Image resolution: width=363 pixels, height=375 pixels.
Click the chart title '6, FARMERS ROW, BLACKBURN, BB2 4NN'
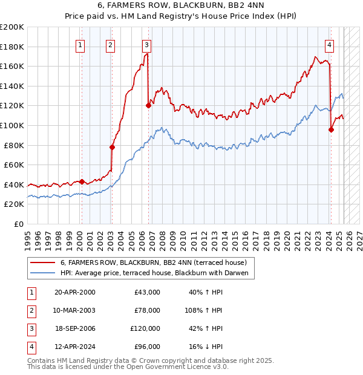(181, 7)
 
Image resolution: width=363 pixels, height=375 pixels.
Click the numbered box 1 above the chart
(80, 44)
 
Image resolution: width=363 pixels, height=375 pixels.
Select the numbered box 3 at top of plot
(147, 44)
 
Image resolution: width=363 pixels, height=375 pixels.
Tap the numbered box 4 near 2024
(329, 44)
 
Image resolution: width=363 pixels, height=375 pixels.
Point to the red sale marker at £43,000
(82, 181)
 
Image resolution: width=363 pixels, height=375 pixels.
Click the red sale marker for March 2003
(112, 147)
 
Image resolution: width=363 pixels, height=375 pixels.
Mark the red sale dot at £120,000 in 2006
(148, 105)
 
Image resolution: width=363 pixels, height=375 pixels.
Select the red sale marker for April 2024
(331, 129)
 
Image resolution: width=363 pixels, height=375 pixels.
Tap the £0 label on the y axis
(19, 224)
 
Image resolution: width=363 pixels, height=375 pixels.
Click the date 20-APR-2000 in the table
(74, 292)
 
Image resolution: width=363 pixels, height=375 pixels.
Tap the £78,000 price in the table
(147, 310)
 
